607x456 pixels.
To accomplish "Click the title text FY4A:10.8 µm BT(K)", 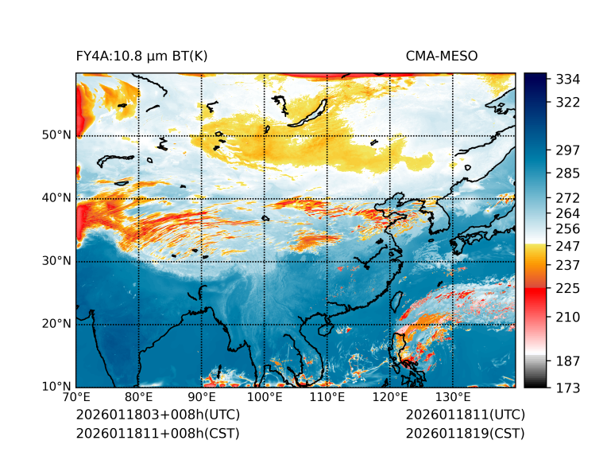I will pos(141,56).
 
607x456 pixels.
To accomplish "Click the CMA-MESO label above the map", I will pos(442,56).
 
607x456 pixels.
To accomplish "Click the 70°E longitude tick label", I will pos(76,397).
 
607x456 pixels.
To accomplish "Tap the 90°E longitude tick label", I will pos(202,397).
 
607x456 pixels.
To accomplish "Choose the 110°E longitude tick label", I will pos(327,397).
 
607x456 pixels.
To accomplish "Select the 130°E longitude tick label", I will pos(453,397).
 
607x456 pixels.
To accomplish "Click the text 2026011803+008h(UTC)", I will pos(157,415).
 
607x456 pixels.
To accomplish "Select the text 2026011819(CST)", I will pos(465,433).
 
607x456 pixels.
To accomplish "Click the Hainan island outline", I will pos(323,328).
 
